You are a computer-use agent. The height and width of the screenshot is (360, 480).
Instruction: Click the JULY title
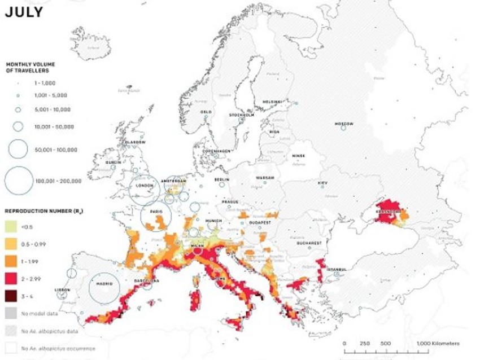coord(23,11)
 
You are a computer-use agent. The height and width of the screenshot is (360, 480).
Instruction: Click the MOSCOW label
coord(344,124)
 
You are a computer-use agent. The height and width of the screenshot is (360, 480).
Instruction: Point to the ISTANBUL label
coord(335,269)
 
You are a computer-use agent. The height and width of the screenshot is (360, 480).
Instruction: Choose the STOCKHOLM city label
coord(242,115)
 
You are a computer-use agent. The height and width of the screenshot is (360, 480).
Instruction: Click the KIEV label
coord(322,183)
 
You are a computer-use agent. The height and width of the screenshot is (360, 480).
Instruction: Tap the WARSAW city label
coord(265,178)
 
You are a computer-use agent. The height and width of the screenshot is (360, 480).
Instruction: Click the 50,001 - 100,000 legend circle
coord(18,150)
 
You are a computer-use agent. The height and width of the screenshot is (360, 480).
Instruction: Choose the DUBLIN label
coord(113,163)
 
